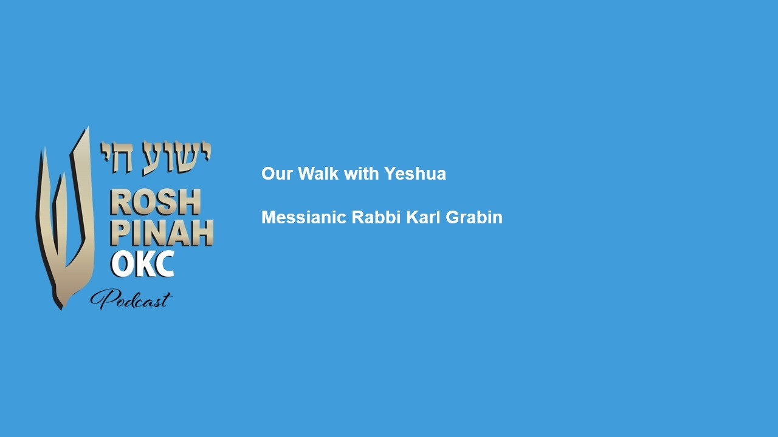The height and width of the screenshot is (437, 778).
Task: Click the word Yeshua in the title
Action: [x=415, y=174]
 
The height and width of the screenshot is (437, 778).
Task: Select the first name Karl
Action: [x=423, y=217]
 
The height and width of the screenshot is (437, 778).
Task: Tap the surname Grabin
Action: [x=474, y=217]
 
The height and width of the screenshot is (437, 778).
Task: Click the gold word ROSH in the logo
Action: [x=155, y=202]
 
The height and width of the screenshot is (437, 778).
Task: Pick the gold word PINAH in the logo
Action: [x=162, y=232]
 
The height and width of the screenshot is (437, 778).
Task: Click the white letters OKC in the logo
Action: [x=143, y=264]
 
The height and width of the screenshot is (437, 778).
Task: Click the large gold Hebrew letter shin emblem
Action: [x=64, y=218]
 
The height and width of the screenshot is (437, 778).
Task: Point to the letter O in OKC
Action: [x=121, y=264]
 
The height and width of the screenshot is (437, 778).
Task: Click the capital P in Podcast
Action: [x=103, y=299]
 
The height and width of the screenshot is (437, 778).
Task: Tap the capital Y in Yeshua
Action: [x=390, y=173]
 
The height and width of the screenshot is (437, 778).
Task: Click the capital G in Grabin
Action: [x=452, y=217]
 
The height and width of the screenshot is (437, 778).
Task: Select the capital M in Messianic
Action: [x=269, y=217]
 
